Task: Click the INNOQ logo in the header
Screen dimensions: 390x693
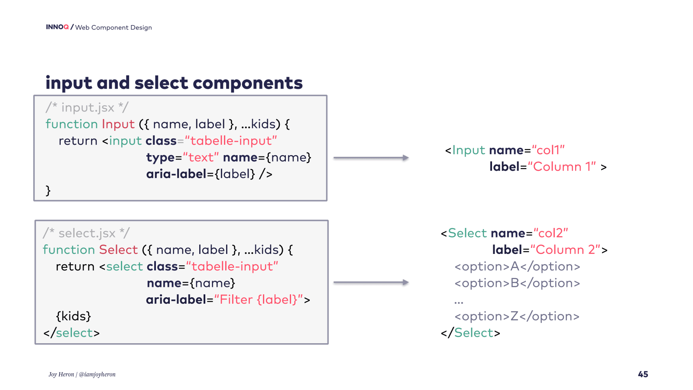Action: point(57,27)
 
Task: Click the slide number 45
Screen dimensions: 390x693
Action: point(643,374)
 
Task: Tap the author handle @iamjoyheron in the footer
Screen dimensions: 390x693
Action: point(97,374)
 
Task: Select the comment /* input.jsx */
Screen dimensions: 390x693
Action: point(87,107)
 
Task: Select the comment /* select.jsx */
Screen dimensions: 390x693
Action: point(86,233)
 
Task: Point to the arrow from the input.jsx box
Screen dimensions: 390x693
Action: point(371,158)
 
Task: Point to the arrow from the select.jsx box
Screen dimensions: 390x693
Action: point(371,283)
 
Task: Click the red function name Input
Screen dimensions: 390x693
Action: point(118,124)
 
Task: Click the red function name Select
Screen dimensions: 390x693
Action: point(118,250)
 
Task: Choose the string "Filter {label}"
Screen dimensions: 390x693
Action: point(259,300)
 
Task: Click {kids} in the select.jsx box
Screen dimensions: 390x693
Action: point(73,316)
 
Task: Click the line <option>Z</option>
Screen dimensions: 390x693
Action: point(517,316)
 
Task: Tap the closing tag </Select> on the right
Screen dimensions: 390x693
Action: point(470,333)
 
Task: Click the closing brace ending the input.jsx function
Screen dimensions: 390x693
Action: point(48,191)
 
